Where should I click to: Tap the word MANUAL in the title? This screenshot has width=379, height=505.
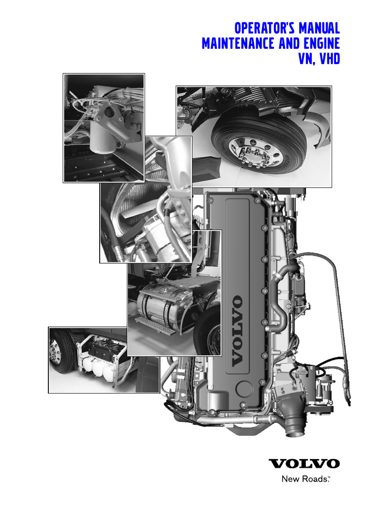click(318, 27)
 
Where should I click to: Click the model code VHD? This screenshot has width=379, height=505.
click(329, 60)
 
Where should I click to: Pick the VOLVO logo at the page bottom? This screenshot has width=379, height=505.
click(304, 464)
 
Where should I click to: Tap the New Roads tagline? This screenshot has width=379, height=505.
click(304, 479)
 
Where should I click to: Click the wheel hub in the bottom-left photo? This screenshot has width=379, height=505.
click(55, 355)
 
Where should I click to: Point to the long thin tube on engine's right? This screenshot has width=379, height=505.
click(341, 325)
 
